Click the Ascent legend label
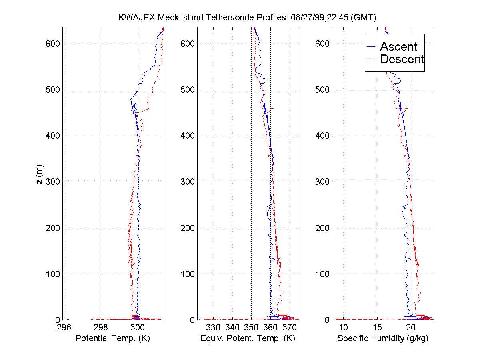pos(398,47)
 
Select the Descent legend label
pos(402,60)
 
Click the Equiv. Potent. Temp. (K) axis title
pos(247,338)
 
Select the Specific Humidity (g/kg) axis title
pos(383,338)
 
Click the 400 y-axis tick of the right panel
pos(320,136)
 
